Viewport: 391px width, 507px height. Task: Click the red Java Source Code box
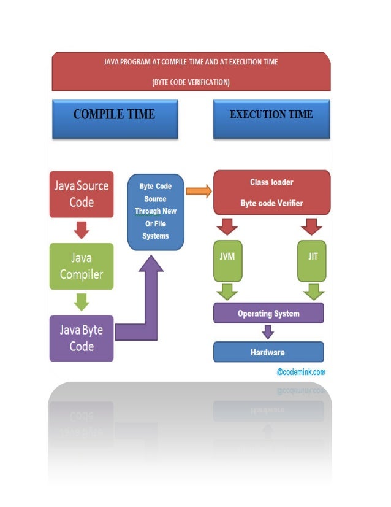pyautogui.click(x=82, y=193)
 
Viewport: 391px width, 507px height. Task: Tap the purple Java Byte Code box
pyautogui.click(x=82, y=338)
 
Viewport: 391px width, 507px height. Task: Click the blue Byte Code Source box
pyautogui.click(x=156, y=211)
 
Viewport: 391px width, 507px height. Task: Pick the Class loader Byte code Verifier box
pyautogui.click(x=271, y=192)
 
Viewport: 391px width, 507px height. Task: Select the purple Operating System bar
pyautogui.click(x=268, y=314)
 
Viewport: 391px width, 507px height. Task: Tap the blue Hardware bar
pyautogui.click(x=268, y=352)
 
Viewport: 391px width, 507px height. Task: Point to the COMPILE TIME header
pyautogui.click(x=115, y=115)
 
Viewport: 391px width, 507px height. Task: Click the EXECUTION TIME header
pyautogui.click(x=271, y=115)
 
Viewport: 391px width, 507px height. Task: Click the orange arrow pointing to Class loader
pyautogui.click(x=198, y=191)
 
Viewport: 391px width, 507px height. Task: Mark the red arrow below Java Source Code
pyautogui.click(x=82, y=230)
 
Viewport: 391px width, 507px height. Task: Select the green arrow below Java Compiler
pyautogui.click(x=82, y=302)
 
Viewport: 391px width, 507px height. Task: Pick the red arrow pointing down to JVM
pyautogui.click(x=227, y=228)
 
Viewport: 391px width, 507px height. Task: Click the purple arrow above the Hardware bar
pyautogui.click(x=268, y=332)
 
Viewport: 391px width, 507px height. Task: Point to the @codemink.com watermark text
pyautogui.click(x=300, y=372)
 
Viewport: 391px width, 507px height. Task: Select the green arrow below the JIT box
pyautogui.click(x=313, y=291)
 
